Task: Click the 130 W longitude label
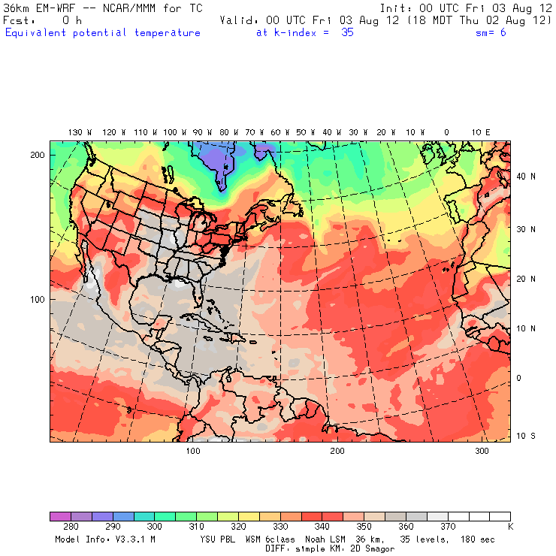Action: click(x=75, y=132)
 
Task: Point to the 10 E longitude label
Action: click(x=481, y=132)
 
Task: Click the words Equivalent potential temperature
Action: click(x=103, y=33)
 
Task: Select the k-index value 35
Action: click(x=346, y=33)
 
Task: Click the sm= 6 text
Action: click(x=491, y=33)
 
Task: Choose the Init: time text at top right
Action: click(x=466, y=8)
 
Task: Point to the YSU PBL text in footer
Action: click(x=219, y=539)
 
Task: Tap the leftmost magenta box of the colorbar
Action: click(x=60, y=516)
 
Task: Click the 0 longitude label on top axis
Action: click(x=446, y=132)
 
